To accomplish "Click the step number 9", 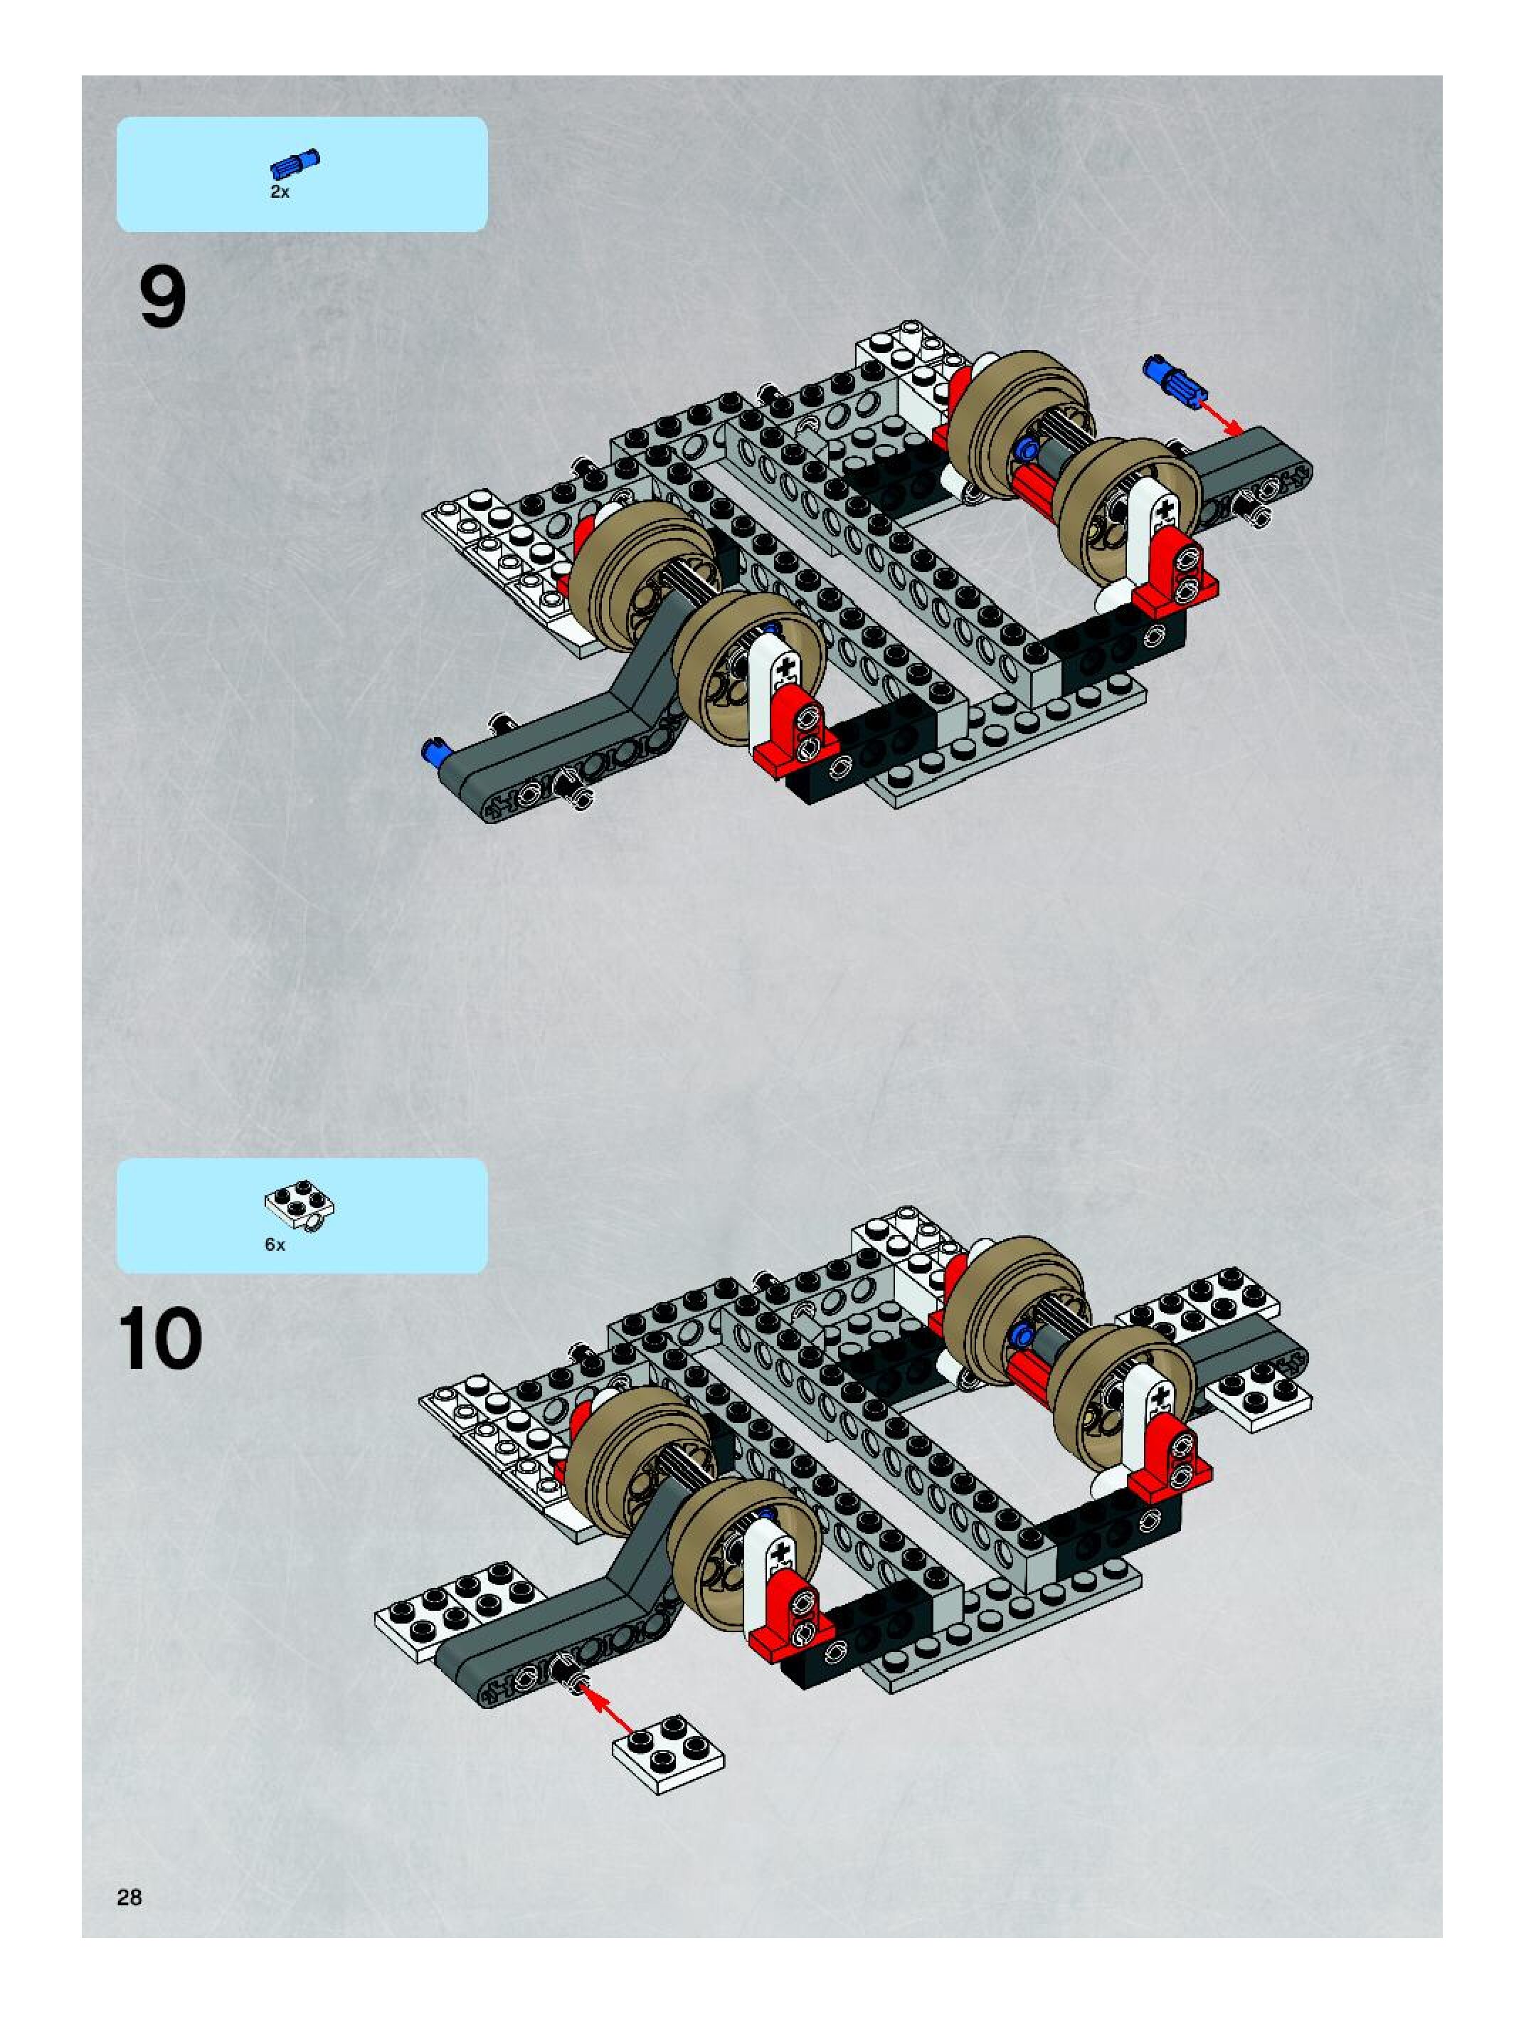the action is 163,297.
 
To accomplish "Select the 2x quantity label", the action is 279,192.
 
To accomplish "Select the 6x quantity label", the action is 275,1244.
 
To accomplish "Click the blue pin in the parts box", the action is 295,164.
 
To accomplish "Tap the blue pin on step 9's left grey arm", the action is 433,752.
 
